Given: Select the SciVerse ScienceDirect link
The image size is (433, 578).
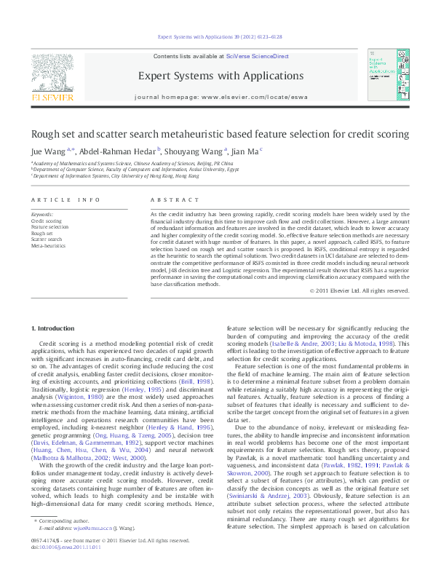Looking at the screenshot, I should pyautogui.click(x=257, y=56).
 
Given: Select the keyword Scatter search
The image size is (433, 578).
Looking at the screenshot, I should pyautogui.click(x=47, y=239).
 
